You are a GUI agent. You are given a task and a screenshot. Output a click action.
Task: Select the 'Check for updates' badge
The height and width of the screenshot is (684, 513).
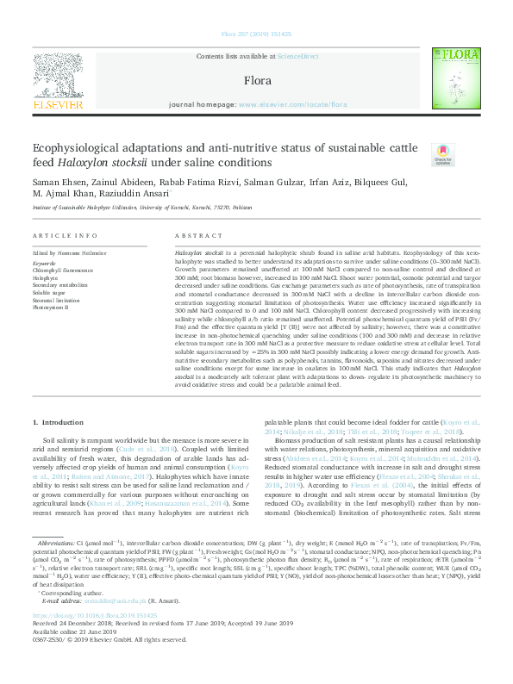pos(443,155)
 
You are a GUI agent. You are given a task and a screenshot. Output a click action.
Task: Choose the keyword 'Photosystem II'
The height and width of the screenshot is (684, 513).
pos(51,308)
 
